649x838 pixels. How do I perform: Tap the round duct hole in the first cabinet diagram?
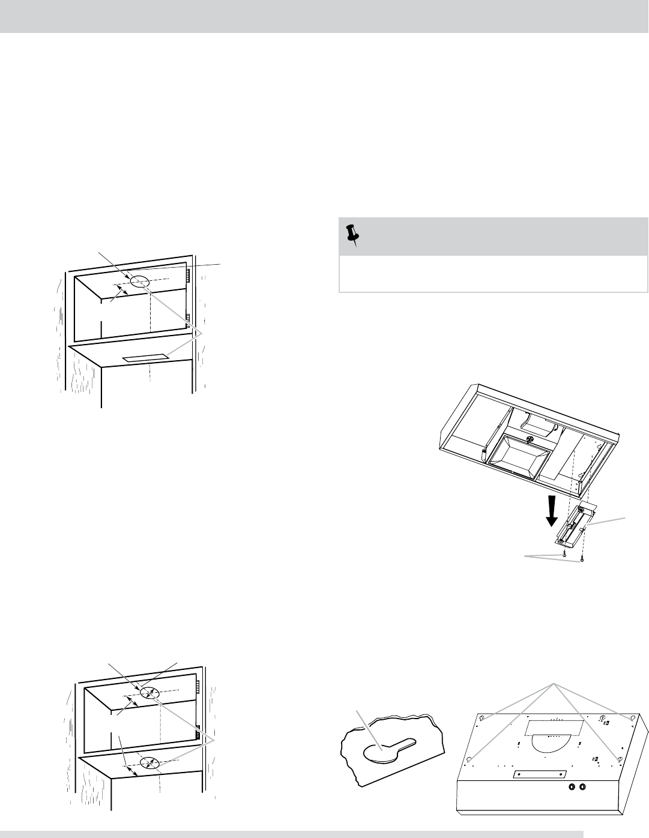point(139,281)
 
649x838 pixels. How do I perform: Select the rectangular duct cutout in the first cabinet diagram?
point(145,359)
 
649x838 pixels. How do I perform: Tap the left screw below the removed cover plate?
point(565,555)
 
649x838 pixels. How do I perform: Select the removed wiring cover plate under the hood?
point(575,523)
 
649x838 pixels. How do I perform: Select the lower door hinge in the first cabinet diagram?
point(188,318)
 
